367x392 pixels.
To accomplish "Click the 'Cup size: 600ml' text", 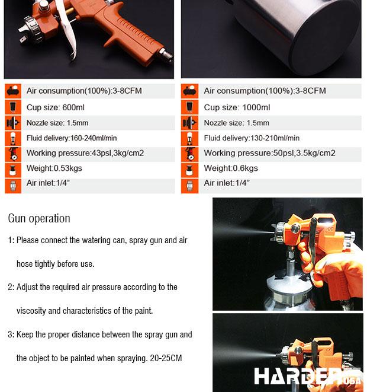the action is [x=56, y=107].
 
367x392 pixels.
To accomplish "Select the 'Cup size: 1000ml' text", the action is [x=237, y=107].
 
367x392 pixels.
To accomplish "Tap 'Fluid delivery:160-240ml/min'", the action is [x=72, y=138].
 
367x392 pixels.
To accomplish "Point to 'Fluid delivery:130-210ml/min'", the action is [x=252, y=138].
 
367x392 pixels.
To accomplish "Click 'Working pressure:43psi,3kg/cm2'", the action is [x=85, y=153].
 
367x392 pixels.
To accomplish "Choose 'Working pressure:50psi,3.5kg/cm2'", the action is [x=269, y=153].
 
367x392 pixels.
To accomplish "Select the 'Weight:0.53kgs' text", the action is [x=54, y=168].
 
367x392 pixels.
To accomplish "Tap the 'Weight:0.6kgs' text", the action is [x=231, y=168].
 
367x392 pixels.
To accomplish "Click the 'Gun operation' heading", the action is [x=39, y=218].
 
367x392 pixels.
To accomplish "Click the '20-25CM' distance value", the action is [x=166, y=358].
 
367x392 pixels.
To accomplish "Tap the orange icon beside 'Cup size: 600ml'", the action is [x=13, y=107].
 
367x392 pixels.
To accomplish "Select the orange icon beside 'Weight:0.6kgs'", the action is [x=189, y=170].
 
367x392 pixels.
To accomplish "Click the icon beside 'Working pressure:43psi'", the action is [x=13, y=154].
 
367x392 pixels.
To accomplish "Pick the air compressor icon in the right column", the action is [x=189, y=91].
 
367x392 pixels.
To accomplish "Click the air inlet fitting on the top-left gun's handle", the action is [x=166, y=55].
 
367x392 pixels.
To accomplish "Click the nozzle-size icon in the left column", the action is [x=13, y=123].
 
